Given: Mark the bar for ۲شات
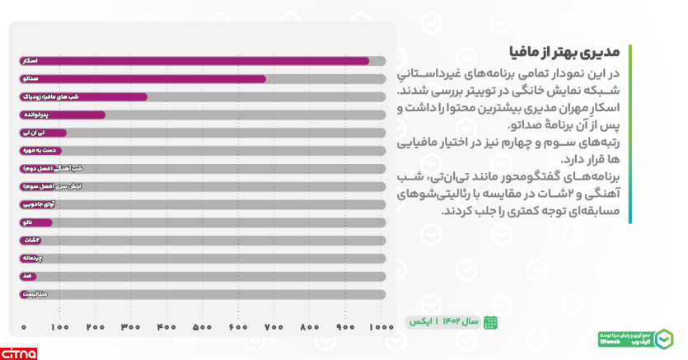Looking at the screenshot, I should point(30,240).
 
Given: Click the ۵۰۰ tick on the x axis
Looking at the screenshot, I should point(200,328).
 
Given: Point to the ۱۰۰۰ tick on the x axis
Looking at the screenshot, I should point(380,328).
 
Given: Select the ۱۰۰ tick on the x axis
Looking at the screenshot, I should point(59,328).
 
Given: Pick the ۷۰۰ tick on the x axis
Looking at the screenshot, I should point(272,328).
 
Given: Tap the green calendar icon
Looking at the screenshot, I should point(490,322).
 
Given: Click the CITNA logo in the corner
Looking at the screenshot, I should point(18,353).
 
